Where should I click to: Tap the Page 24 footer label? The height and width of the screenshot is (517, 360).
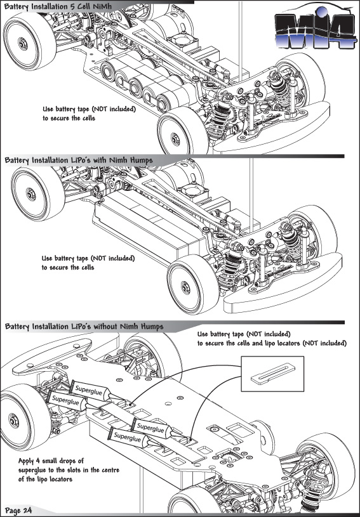pos(18,511)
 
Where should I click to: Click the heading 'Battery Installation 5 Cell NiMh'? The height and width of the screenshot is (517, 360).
pos(58,6)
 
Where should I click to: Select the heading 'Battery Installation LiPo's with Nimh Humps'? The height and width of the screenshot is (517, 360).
pos(79,160)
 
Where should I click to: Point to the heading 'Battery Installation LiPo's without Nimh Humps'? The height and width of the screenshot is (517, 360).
pos(84,327)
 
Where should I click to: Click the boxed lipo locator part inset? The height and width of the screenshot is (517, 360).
pos(272,374)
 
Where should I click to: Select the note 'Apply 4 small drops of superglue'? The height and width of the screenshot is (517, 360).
pos(69,470)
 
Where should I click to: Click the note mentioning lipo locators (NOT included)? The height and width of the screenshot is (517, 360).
pos(272,339)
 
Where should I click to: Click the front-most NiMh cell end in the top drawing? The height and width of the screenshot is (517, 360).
pos(164,101)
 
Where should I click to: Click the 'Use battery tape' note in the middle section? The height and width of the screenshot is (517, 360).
pos(88,263)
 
